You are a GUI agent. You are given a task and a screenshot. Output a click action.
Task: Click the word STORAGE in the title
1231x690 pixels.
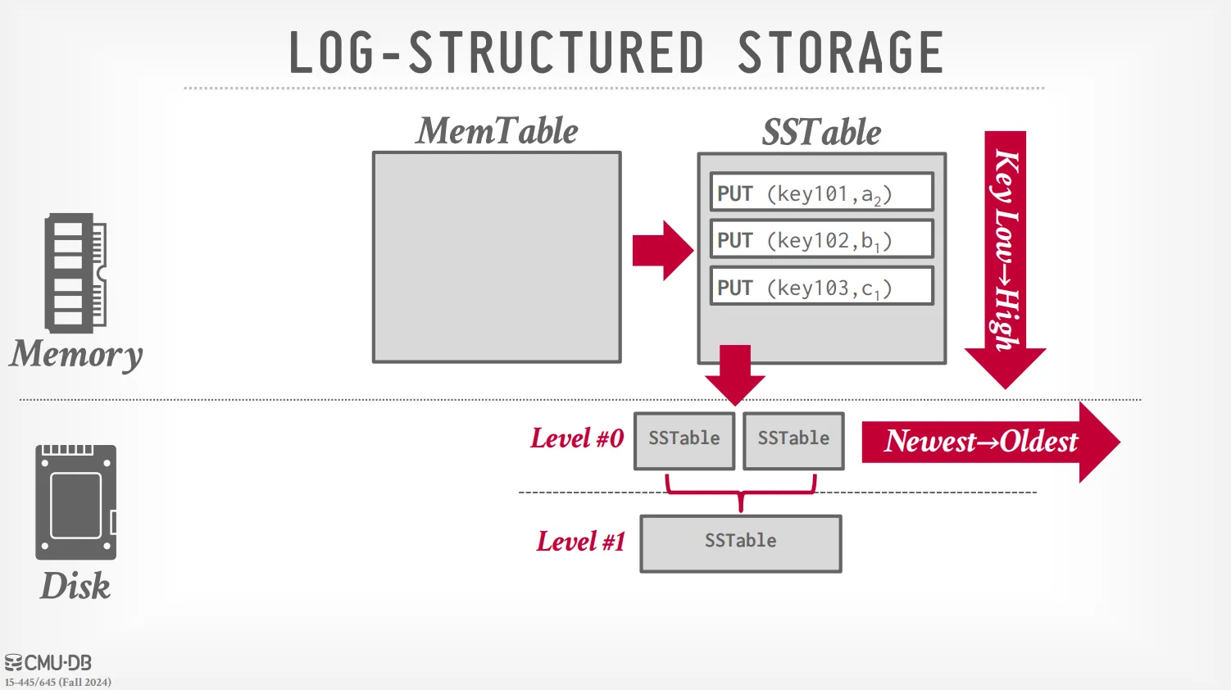tap(840, 52)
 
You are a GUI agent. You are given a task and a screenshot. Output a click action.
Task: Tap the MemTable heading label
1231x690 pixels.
tap(497, 131)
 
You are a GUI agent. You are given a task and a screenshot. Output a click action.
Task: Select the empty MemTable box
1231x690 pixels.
tap(497, 256)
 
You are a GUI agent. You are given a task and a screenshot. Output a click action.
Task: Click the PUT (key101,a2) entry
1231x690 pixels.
tap(821, 193)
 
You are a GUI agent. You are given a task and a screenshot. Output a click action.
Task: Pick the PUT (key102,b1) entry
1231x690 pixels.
tap(821, 239)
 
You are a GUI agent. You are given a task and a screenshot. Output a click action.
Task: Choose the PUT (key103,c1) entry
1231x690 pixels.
tap(821, 287)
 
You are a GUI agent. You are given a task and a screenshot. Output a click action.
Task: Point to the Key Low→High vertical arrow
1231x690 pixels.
tap(1006, 254)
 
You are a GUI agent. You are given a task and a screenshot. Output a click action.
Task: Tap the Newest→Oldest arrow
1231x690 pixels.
tap(988, 442)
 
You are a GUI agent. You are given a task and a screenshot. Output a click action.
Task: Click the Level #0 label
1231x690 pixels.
tap(577, 438)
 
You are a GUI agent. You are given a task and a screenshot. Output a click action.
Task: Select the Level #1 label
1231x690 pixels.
tap(580, 542)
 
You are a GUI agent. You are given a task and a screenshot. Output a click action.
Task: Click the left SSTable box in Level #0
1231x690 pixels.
tap(684, 440)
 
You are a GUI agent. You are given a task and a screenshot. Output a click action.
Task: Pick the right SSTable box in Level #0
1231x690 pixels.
tap(793, 440)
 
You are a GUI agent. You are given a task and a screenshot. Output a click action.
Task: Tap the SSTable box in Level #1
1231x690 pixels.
tap(741, 542)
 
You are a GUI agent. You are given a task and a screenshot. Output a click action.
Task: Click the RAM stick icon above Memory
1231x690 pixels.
tap(75, 273)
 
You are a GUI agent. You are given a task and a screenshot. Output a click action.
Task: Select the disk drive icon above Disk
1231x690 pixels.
tap(75, 502)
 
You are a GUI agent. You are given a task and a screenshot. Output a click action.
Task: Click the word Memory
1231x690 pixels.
tap(76, 354)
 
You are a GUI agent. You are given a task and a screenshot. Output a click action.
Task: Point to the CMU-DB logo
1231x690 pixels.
tap(48, 662)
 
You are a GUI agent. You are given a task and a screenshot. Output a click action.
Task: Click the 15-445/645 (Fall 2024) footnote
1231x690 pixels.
tap(58, 682)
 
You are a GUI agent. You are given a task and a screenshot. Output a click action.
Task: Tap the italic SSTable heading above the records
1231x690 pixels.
tap(821, 132)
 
